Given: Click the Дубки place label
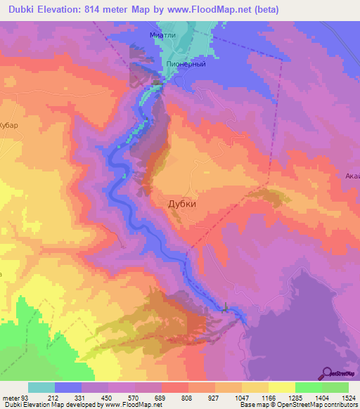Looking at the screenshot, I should (x=182, y=204).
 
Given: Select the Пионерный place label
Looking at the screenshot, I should (x=186, y=63).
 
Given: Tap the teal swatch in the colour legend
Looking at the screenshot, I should (x=41, y=387).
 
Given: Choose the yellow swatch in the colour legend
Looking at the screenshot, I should (x=281, y=387).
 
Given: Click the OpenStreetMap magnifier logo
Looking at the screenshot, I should (x=327, y=373).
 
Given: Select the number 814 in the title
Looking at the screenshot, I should (x=103, y=9).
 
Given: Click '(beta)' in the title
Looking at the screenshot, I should (x=266, y=9).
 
